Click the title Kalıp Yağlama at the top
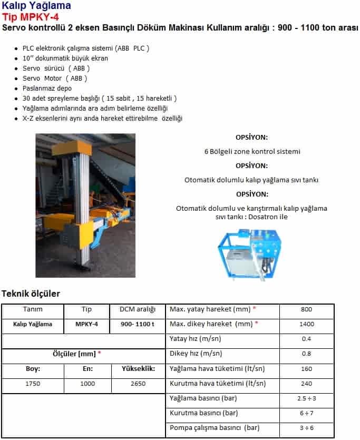tap(36, 6)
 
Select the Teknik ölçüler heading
tap(31, 294)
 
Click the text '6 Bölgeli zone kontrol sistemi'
tap(252, 151)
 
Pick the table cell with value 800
tap(306, 310)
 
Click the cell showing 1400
tap(306, 325)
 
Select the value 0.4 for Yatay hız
tap(306, 339)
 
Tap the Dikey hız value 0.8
tap(306, 354)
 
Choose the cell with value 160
tap(306, 369)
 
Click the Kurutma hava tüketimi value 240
tap(306, 384)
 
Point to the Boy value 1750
tap(33, 384)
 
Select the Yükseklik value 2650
tap(138, 384)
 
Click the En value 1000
tap(87, 384)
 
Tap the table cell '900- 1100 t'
tap(137, 325)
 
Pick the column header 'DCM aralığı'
tap(137, 310)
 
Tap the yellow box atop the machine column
tap(79, 147)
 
